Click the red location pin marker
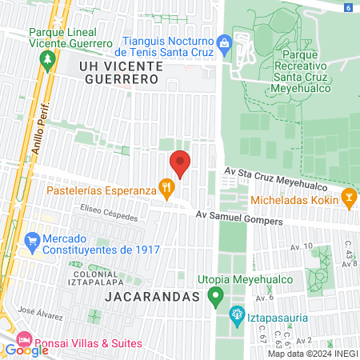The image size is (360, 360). pos(181,163)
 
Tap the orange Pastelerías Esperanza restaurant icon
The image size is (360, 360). pos(166,190)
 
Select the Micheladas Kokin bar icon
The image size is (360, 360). pos(349,196)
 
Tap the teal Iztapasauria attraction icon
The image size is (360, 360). pos(236,313)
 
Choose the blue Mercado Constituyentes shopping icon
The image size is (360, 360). pos(31,239)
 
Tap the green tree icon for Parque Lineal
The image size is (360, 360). pos(48,59)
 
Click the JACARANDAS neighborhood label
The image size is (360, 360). pos(151,297)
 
